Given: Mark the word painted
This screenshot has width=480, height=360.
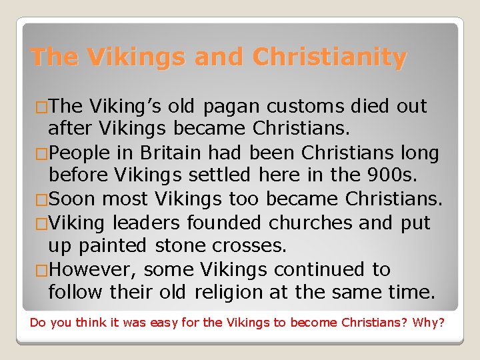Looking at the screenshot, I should click(x=113, y=246).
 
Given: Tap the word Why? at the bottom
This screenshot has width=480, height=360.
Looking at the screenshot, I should click(x=429, y=323).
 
